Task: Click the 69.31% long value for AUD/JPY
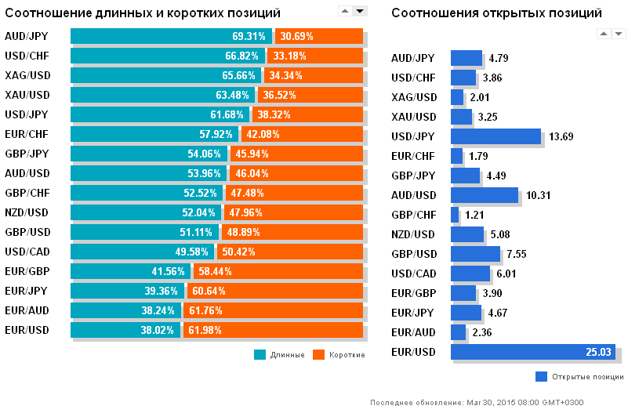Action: (x=249, y=36)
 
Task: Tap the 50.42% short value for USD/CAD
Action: (x=239, y=252)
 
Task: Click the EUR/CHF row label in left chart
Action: (x=26, y=134)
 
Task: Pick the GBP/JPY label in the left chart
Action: (x=26, y=154)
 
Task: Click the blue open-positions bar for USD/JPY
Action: (x=496, y=136)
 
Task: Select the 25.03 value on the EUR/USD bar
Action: (x=597, y=352)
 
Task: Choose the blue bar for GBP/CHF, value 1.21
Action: (x=455, y=215)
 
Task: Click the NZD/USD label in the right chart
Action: (x=413, y=234)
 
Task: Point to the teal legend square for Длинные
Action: (x=260, y=354)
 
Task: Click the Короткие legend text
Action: (x=347, y=355)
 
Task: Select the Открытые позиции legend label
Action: (x=588, y=376)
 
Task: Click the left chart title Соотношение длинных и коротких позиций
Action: (x=143, y=13)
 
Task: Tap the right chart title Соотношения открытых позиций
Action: (x=496, y=13)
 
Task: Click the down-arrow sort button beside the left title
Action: (x=360, y=10)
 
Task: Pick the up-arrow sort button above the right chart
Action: (x=604, y=33)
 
